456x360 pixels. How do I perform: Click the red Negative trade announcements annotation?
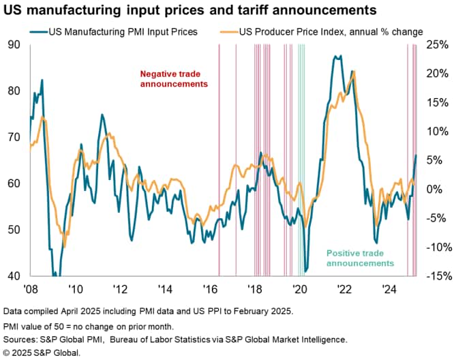click(x=173, y=78)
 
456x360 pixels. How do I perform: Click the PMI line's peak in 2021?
click(x=335, y=57)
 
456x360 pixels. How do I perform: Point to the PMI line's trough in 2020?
click(x=305, y=271)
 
